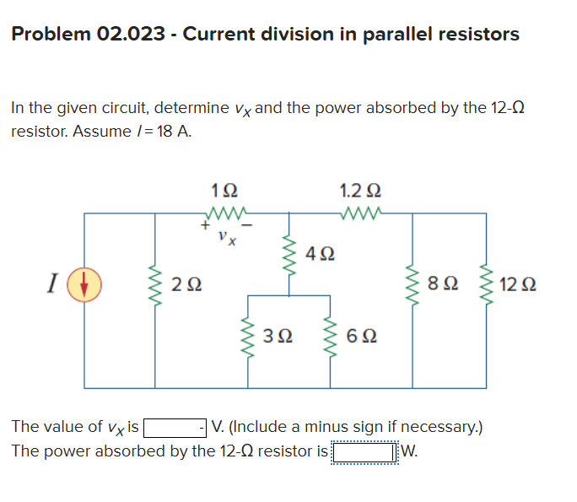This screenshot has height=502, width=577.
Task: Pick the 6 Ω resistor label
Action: pos(357,336)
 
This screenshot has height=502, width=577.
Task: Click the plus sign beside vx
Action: pos(203,226)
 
